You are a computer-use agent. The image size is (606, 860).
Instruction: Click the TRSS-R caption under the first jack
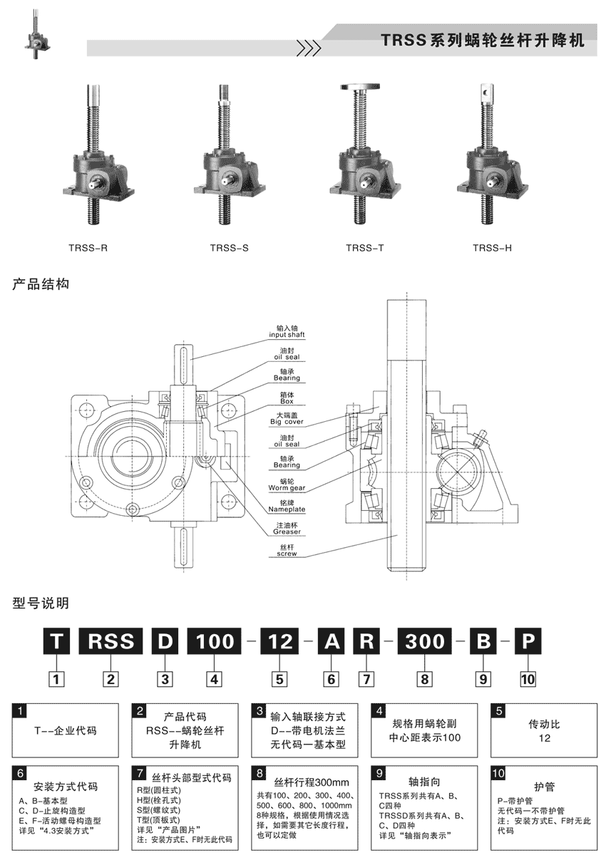(x=88, y=249)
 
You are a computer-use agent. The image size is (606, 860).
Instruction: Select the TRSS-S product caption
(x=229, y=249)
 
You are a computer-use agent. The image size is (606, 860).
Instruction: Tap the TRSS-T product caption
(x=365, y=249)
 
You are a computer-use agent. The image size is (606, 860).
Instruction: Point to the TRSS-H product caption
(x=492, y=249)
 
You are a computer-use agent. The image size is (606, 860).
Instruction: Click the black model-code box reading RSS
(x=111, y=641)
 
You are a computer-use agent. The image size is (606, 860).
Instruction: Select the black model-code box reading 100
(x=215, y=641)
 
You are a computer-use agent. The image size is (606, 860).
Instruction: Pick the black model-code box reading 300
(x=424, y=641)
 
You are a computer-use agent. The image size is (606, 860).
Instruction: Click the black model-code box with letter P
(x=528, y=641)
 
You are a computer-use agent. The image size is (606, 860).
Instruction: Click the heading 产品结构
(x=41, y=284)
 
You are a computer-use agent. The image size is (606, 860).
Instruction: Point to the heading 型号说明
(x=41, y=603)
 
